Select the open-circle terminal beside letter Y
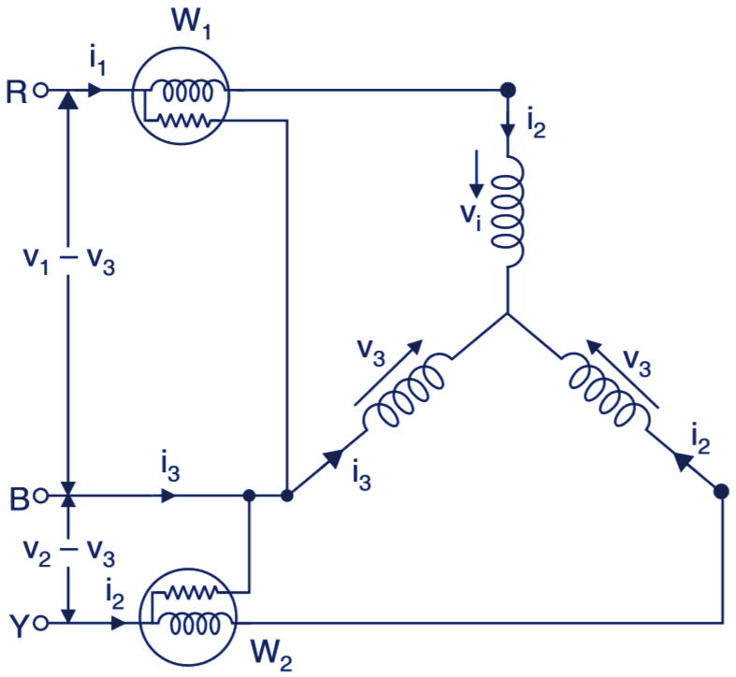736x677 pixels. (40, 622)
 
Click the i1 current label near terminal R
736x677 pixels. (96, 62)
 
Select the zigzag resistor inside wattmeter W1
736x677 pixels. (186, 119)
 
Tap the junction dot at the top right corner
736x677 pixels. (507, 91)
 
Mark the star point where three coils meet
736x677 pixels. (507, 315)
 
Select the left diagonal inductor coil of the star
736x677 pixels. (407, 393)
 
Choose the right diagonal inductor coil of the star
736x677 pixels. (609, 393)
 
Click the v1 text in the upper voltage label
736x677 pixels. (35, 259)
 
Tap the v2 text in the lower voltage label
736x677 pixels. (35, 550)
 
